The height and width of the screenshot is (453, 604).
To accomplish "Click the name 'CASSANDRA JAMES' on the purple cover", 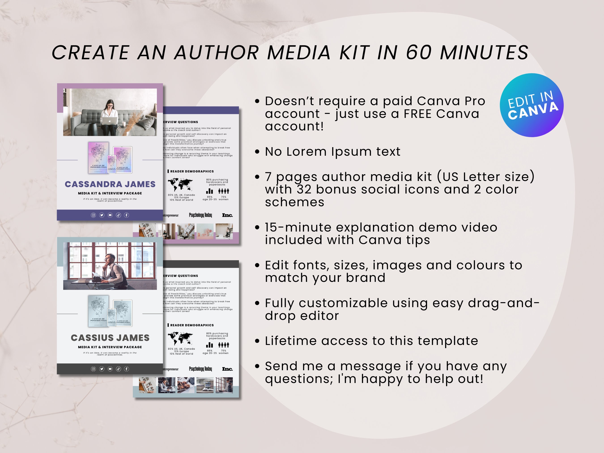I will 110,184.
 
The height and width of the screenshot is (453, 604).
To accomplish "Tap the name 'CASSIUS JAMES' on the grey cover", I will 110,338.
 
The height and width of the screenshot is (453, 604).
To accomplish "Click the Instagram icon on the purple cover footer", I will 93,215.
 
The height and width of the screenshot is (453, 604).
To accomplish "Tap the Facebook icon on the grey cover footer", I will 126,369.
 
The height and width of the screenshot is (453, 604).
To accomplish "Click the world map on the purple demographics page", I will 180,185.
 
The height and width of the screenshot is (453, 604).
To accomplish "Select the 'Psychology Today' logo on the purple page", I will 200,215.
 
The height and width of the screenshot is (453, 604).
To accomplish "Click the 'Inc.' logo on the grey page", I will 227,369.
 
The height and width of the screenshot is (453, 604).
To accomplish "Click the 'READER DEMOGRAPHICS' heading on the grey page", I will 192,325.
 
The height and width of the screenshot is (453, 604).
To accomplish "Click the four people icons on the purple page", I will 224,191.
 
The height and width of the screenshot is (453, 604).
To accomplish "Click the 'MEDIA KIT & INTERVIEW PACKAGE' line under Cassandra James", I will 110,193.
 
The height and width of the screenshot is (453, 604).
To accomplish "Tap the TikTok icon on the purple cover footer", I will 118,215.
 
